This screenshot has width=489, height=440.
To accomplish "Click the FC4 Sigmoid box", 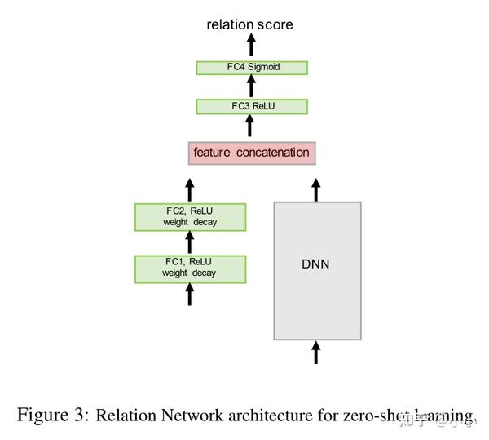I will coord(252,67).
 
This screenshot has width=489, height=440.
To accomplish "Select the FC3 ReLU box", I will coord(252,106).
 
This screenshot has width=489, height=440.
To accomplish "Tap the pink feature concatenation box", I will coord(251,153).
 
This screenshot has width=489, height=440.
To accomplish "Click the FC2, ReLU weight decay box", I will coord(190,216).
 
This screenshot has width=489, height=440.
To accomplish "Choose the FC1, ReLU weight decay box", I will coord(190,267).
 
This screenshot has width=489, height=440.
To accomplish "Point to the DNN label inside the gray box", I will coord(317,264).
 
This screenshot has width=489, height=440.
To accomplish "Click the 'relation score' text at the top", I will coord(249,24).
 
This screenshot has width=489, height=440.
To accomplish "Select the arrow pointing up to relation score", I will coord(250,45).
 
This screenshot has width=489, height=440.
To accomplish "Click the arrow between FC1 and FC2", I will coord(190,242).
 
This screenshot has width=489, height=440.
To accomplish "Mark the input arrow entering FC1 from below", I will coord(190,293).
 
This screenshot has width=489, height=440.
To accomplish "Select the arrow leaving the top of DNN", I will coord(317,189).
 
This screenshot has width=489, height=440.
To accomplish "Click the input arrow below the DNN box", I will coord(317,353).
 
